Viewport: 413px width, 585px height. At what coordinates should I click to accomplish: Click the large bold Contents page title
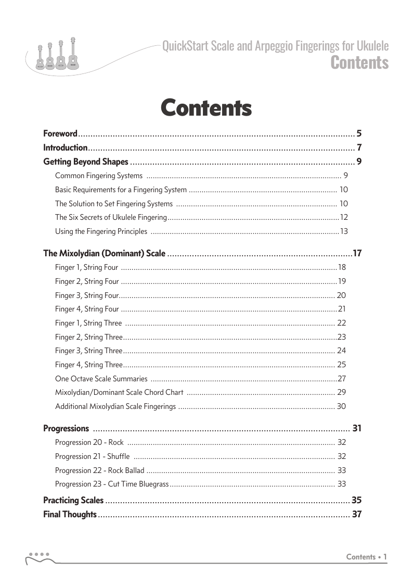pos(206,108)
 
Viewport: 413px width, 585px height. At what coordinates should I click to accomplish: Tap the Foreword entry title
pos(60,133)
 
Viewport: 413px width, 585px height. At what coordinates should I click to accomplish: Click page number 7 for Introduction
pos(359,147)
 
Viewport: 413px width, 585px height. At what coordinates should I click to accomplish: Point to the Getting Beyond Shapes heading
pos(85,161)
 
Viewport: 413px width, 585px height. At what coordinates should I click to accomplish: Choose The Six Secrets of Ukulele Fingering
pos(111,217)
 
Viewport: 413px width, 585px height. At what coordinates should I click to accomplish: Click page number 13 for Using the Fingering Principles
pos(344,231)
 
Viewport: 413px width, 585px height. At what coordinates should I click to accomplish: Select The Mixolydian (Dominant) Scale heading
pos(104,254)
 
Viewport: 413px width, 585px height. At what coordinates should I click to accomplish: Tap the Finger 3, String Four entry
pos(87,295)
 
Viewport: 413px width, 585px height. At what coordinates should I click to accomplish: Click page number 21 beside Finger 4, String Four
pos(342,309)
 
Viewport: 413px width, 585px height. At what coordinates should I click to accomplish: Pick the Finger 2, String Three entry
pos(88,337)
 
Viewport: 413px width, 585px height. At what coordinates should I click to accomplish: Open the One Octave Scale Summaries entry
pos(101,378)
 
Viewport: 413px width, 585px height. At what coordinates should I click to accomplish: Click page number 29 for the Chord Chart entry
pos(342,392)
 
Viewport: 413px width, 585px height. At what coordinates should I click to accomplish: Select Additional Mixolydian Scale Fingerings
pos(115,406)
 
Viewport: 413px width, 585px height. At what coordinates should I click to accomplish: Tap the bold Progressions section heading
pos(66,429)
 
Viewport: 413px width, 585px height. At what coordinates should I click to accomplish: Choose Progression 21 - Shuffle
pos(92,456)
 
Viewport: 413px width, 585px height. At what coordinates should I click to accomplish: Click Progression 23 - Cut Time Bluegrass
pos(111,484)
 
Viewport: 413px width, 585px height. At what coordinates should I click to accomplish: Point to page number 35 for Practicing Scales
pos(356,501)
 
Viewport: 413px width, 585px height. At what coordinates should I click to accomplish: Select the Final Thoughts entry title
pos(70,515)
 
